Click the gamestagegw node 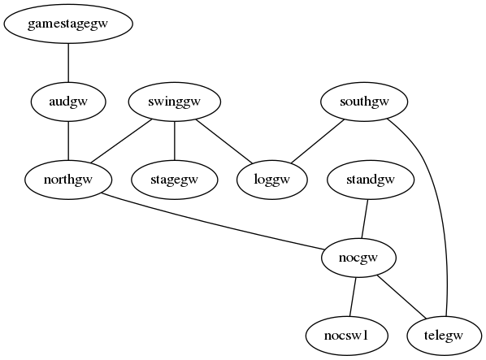(68, 24)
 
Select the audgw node (68, 102)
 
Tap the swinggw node (175, 102)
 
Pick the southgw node (364, 102)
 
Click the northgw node (68, 180)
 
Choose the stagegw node (175, 180)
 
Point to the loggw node (272, 180)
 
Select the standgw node (371, 180)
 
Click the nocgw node (358, 258)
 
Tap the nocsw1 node (346, 336)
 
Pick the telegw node (445, 336)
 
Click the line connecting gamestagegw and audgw (68, 63)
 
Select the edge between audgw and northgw (68, 141)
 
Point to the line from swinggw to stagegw (175, 141)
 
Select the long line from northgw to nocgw (213, 221)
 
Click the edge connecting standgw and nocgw (364, 219)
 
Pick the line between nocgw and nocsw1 (353, 297)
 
